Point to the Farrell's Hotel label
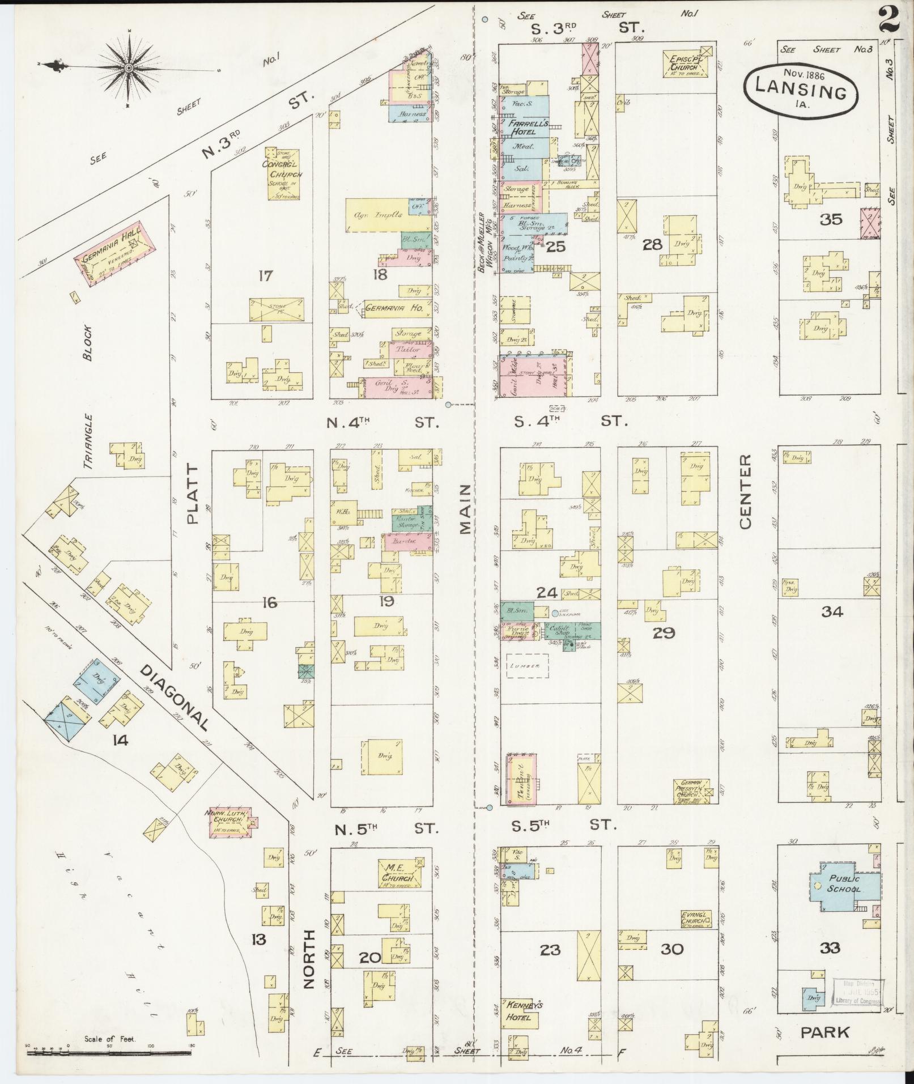click(525, 127)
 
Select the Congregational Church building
click(283, 173)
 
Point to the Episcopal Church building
click(687, 62)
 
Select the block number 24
click(547, 593)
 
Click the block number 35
click(831, 219)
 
